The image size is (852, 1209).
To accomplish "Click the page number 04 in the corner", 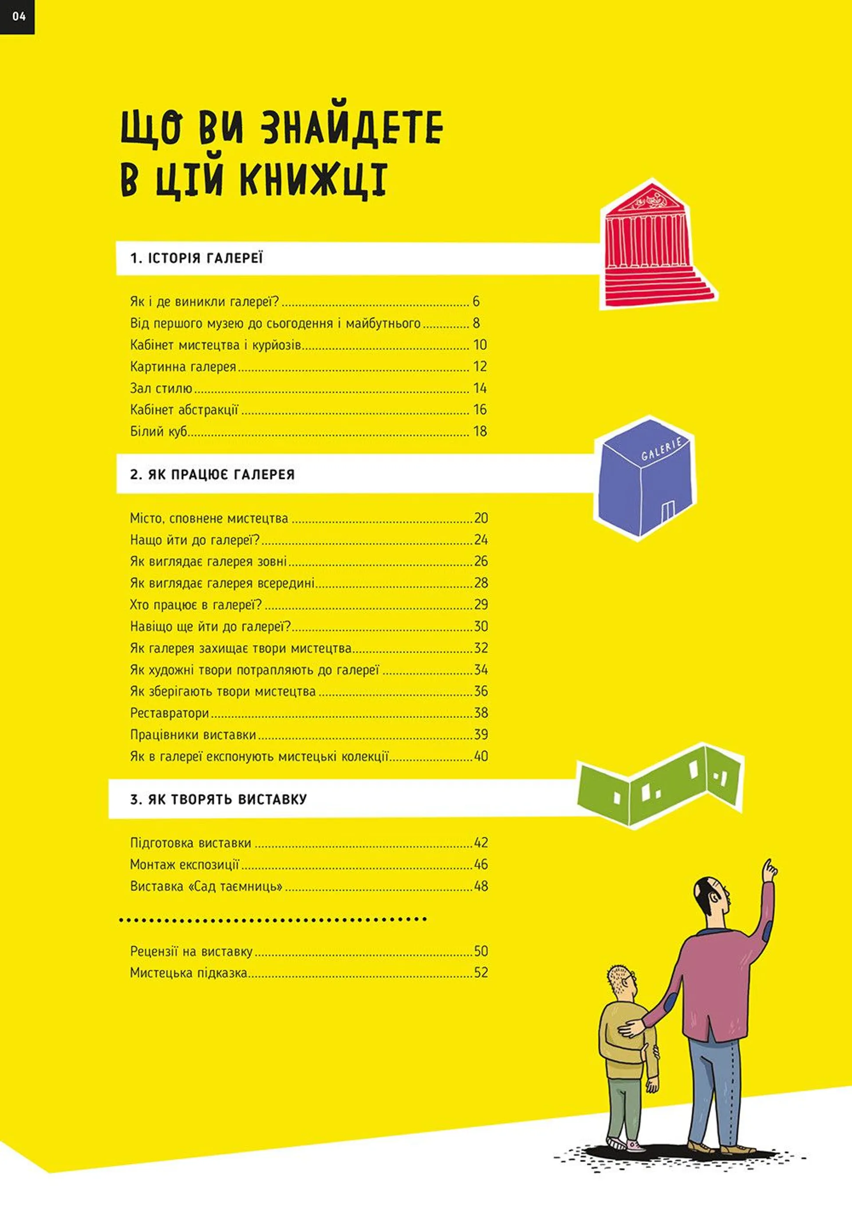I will tap(19, 16).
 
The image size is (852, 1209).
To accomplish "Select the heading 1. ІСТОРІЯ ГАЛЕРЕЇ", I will tap(197, 258).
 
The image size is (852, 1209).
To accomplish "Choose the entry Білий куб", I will tap(158, 431).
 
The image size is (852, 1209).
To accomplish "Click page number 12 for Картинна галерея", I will tap(480, 367).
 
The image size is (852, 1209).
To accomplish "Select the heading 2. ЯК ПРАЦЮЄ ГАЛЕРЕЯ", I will tap(212, 474).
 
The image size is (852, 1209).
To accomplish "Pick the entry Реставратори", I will tap(170, 713).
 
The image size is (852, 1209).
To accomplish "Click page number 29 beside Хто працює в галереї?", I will tap(481, 604).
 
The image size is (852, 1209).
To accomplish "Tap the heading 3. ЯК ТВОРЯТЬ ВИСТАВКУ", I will tap(218, 799).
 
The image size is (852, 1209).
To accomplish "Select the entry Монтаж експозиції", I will tap(184, 865).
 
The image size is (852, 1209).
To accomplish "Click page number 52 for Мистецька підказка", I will tap(481, 972).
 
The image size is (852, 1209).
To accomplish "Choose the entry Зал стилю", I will tap(161, 388).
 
